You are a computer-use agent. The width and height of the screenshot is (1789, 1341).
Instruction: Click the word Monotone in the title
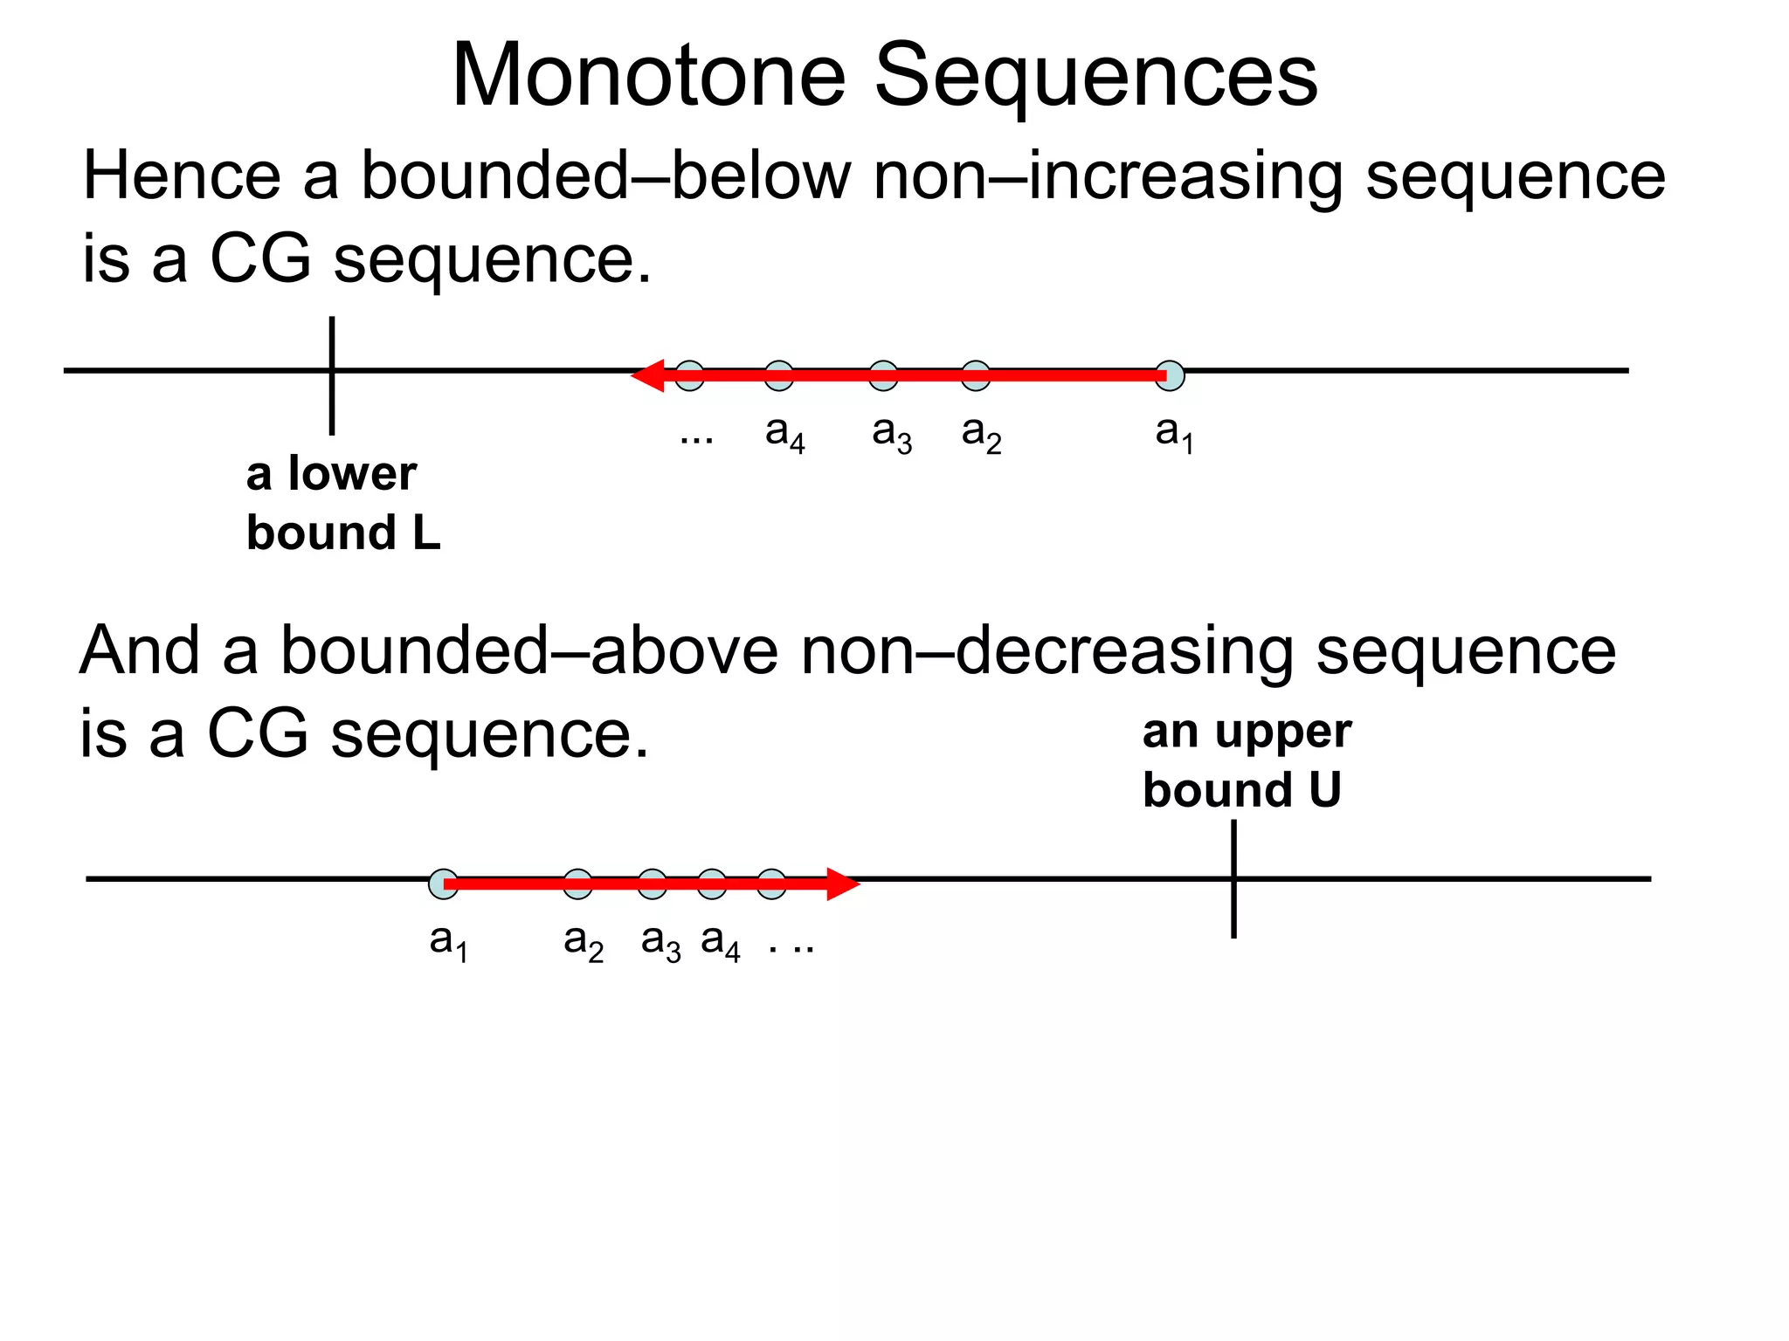point(648,77)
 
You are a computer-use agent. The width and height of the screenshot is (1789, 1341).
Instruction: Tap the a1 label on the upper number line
point(1174,433)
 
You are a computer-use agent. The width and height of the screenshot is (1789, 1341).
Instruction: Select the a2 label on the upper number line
point(981,433)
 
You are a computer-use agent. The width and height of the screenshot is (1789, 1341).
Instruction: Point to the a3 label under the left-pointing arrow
point(892,433)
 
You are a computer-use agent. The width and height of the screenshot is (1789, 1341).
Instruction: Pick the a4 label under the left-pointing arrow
point(784,433)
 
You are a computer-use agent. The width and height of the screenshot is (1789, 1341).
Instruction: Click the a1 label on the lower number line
point(449,942)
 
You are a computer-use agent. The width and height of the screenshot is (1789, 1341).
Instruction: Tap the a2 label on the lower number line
point(584,942)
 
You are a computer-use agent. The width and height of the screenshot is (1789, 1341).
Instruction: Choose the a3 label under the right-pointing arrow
point(660,942)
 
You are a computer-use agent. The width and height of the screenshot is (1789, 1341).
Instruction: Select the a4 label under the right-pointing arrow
point(721,942)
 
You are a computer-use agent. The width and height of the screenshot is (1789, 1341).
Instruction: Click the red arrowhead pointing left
point(647,375)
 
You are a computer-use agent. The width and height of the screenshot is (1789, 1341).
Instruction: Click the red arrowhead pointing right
point(843,884)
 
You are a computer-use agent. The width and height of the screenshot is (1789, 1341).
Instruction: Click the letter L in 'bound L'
point(426,533)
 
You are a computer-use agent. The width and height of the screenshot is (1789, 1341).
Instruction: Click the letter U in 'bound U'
point(1324,790)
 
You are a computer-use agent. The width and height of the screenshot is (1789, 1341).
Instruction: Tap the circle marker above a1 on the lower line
point(443,884)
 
